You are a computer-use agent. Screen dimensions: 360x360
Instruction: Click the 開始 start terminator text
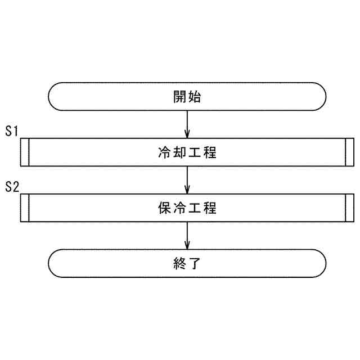point(187,97)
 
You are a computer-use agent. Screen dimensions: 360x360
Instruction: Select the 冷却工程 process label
point(187,152)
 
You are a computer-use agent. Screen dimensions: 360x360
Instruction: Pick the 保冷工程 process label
point(187,208)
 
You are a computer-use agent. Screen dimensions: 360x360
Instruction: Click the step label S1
point(12,131)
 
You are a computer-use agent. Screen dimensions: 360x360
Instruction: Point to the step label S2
point(12,187)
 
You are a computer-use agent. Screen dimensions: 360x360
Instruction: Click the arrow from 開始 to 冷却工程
point(187,124)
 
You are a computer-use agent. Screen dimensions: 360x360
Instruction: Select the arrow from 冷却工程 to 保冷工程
point(187,180)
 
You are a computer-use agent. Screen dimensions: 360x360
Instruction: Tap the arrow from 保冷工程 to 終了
point(187,236)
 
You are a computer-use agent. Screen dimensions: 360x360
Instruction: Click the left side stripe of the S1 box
point(24,152)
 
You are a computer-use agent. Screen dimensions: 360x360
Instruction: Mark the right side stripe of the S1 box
point(350,152)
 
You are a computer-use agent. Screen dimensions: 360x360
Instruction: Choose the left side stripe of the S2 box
point(24,208)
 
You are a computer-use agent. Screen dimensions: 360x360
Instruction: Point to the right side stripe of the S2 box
point(350,208)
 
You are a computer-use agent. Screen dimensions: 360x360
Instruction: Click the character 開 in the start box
point(179,97)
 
